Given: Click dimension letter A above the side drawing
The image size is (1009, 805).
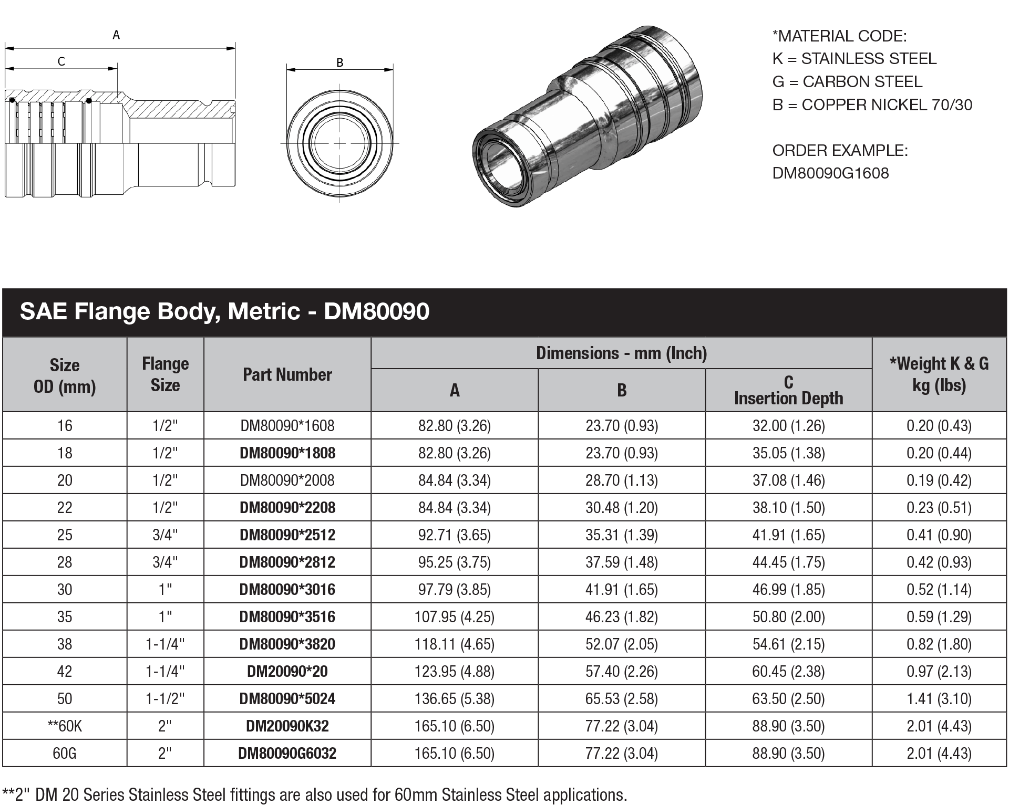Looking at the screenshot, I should tap(116, 35).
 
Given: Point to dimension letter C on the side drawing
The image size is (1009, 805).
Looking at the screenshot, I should tap(61, 62).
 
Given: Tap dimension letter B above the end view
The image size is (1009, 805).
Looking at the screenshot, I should tap(339, 62).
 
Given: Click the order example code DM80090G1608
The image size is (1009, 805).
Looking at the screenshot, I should tap(830, 173).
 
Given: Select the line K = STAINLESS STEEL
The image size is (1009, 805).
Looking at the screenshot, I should tap(854, 59).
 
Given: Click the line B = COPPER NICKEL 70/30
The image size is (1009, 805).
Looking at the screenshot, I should tap(872, 105).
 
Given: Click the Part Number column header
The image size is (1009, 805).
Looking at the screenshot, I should tap(287, 375).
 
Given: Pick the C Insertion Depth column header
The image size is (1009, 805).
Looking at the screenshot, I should tap(788, 390).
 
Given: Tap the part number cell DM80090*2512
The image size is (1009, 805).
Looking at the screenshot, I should tap(287, 535).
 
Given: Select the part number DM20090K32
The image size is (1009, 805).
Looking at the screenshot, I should tap(287, 726).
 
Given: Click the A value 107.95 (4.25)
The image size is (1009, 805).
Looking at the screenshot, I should tap(454, 617).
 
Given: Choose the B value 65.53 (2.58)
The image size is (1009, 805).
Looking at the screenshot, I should tap(621, 699).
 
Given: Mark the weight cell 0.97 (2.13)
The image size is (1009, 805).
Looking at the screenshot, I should tap(939, 672).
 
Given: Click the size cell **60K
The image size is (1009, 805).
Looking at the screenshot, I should tap(64, 726).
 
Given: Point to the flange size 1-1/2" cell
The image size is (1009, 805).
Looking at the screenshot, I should tap(165, 699).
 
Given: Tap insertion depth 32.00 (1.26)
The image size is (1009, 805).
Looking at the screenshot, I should tap(788, 426).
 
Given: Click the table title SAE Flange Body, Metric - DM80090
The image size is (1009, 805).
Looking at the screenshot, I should tap(224, 312).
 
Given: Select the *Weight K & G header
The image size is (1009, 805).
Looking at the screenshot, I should tap(939, 374).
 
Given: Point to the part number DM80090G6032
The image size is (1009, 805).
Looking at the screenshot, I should tap(287, 754).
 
